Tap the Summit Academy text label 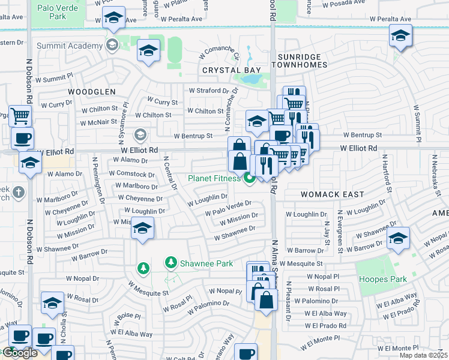click(x=70, y=46)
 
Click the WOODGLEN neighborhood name click(x=91, y=91)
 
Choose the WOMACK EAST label click(x=333, y=194)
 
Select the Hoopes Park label click(x=382, y=279)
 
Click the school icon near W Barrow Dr click(x=399, y=238)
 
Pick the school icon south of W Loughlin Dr click(x=142, y=229)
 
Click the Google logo click(x=19, y=353)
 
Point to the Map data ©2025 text click(x=423, y=355)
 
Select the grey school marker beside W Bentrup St click(x=140, y=134)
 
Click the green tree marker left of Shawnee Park click(x=142, y=267)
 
